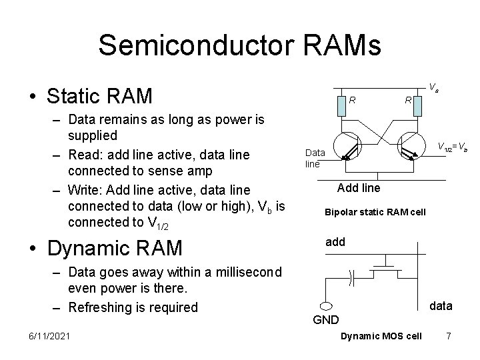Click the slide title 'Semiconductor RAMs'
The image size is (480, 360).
239,45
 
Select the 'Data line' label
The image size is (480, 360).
314,157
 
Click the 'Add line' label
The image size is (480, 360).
359,188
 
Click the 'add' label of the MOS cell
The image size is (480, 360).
335,242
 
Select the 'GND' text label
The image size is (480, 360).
326,320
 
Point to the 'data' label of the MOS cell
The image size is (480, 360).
441,306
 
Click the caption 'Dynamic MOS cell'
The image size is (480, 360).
381,335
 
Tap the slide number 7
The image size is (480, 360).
449,335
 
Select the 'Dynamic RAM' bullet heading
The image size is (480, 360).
114,248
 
